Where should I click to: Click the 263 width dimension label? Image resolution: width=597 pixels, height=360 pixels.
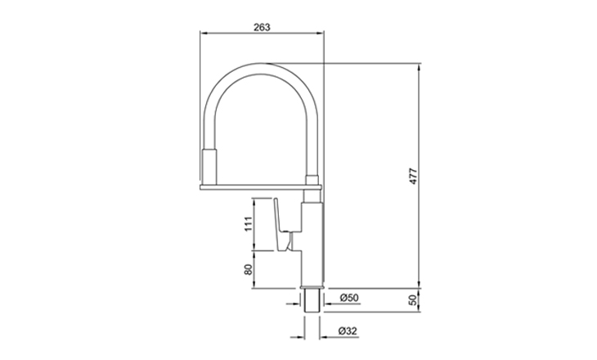coord(262,27)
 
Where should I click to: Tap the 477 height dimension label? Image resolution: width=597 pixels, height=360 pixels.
coord(413,176)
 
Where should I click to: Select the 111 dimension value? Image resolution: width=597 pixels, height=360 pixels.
coord(249,224)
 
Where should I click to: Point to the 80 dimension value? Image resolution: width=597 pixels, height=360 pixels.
coord(249,270)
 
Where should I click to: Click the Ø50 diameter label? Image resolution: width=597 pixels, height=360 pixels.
coord(349,298)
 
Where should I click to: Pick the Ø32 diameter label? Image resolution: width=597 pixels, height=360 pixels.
coord(348,331)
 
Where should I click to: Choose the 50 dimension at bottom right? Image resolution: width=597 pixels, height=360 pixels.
coord(413,299)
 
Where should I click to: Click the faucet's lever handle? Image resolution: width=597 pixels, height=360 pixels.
coord(283,225)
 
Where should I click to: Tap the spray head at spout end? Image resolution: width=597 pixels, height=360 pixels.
coord(209,167)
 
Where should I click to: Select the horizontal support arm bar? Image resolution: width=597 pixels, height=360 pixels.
coord(261,187)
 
